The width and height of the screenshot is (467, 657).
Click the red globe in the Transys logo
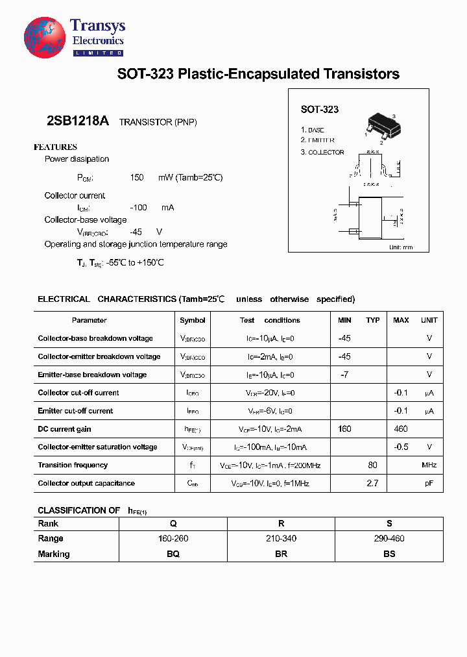pyautogui.click(x=45, y=37)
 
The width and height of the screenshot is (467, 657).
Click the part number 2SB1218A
pyautogui.click(x=78, y=121)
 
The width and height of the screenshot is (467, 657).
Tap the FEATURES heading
pyautogui.click(x=55, y=147)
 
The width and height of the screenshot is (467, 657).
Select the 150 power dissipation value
pyautogui.click(x=136, y=177)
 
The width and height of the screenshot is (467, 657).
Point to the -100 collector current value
pyautogui.click(x=138, y=208)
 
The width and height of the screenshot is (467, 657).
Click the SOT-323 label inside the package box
pyautogui.click(x=319, y=110)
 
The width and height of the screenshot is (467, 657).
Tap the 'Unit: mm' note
pyautogui.click(x=400, y=247)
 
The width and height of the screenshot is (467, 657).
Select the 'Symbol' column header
pyautogui.click(x=193, y=320)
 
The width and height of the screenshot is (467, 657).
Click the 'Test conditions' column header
pyautogui.click(x=270, y=320)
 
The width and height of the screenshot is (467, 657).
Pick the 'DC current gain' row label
pyautogui.click(x=64, y=429)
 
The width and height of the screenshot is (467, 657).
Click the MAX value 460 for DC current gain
pyautogui.click(x=401, y=429)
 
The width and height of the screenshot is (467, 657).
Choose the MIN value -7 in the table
pyautogui.click(x=344, y=375)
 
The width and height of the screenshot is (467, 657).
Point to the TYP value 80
pyautogui.click(x=372, y=465)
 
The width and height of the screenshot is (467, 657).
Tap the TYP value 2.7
pyautogui.click(x=372, y=483)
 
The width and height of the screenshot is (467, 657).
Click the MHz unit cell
pyautogui.click(x=429, y=465)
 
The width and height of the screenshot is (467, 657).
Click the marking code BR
pyautogui.click(x=281, y=554)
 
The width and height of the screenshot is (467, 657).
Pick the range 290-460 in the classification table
pyautogui.click(x=389, y=538)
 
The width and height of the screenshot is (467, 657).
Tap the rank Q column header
pyautogui.click(x=173, y=523)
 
